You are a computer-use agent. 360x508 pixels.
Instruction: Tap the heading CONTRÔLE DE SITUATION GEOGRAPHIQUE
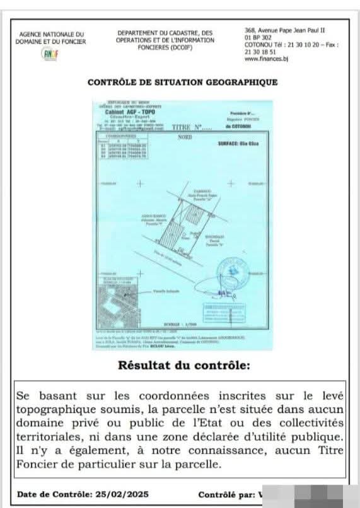click(182, 82)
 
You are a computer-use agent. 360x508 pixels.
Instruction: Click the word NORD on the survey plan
click(185, 136)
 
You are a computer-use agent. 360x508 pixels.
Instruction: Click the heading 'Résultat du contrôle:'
click(180, 366)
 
